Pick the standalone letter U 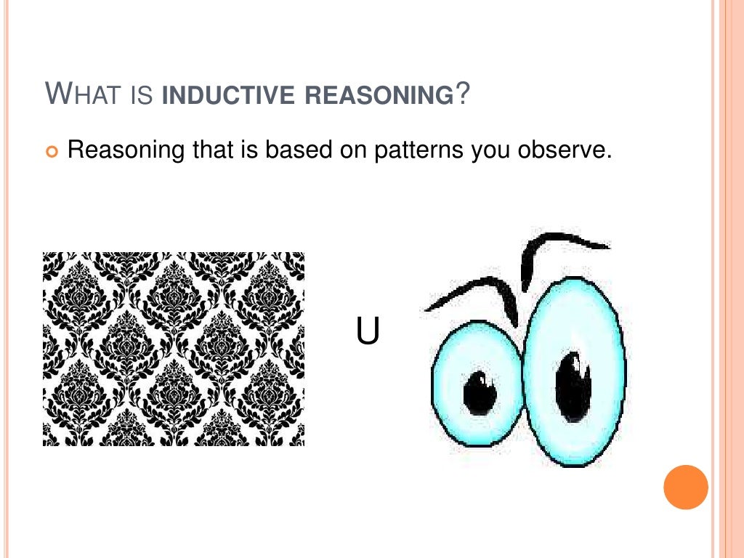tap(368, 331)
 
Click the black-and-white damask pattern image tap(174, 349)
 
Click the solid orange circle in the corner tap(685, 487)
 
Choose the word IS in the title tap(142, 96)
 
